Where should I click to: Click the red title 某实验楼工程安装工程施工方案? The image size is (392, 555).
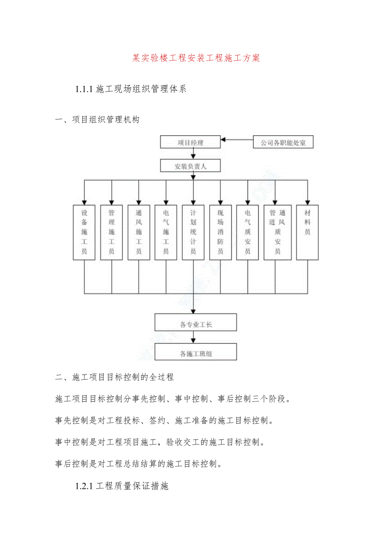196,58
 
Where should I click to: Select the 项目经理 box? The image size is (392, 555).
190,142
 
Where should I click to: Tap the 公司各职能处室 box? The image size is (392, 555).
283,142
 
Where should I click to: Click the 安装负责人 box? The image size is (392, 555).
190,166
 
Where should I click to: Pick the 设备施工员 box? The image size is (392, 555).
84,232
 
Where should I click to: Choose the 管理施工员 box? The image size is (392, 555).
111,232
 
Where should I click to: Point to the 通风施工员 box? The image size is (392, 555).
138,232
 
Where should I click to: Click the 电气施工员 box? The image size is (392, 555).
166,232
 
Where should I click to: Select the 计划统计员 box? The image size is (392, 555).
193,232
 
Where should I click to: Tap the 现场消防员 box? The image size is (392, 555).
220,232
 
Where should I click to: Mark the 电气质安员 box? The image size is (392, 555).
248,232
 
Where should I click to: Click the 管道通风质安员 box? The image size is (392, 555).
277,232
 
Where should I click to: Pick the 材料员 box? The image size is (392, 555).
307,232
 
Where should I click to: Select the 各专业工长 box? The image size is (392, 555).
196,322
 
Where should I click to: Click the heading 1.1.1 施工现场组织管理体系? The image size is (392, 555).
131,89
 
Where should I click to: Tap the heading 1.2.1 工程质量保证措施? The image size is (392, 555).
122,486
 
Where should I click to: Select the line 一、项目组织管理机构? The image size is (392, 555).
98,120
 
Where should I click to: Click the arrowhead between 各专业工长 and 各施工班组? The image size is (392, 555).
193,340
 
